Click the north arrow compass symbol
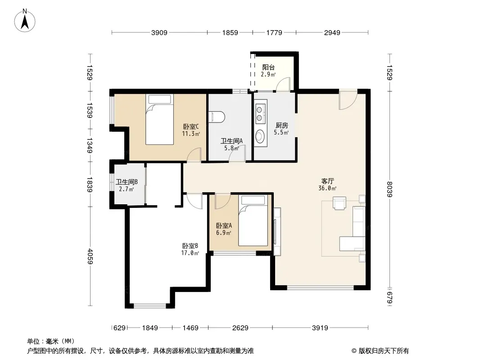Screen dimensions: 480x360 coord(25,21)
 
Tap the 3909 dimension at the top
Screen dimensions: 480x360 coord(159,32)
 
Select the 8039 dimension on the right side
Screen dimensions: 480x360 coord(389,189)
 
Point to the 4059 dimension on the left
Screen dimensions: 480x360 coord(90,256)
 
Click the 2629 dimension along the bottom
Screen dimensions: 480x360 coord(240,328)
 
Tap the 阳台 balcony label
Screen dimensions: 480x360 coord(268,67)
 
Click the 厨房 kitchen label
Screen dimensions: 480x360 coord(281,126)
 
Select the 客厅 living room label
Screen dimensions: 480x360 coord(327,181)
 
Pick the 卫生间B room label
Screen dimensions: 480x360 coord(127,182)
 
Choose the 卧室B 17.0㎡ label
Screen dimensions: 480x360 coord(190,249)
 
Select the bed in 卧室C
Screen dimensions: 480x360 coord(159,119)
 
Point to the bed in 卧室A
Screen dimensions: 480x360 coord(253,220)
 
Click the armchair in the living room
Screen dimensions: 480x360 coord(340,203)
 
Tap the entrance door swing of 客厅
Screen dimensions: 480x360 coord(348,99)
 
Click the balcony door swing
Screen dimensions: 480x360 coord(283,84)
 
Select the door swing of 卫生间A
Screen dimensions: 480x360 coord(238,153)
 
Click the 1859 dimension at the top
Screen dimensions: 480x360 coord(230,32)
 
